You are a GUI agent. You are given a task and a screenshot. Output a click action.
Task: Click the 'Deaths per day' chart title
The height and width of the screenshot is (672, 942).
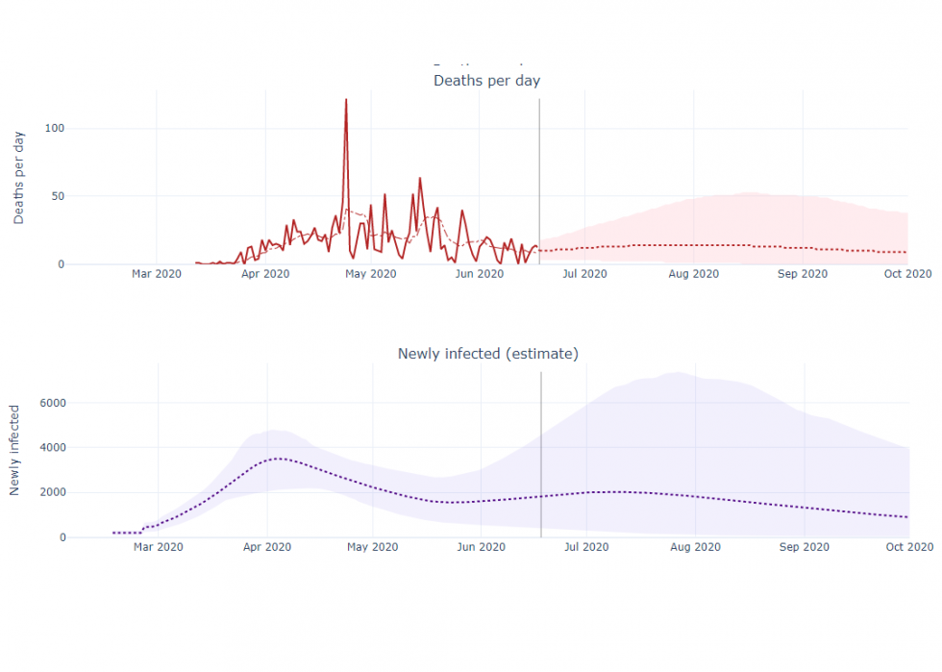[x=486, y=80]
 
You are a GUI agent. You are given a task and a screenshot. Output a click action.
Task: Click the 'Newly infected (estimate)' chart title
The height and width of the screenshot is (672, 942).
[x=487, y=354]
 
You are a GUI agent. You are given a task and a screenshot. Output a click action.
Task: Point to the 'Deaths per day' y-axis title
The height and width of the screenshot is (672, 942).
[x=19, y=177]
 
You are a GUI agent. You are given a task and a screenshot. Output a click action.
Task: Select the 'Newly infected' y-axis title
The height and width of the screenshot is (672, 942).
[x=15, y=450]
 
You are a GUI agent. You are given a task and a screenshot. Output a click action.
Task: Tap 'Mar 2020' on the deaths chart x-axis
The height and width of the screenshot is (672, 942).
[x=157, y=274]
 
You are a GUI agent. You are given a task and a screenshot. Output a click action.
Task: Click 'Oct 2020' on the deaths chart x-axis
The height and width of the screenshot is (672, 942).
[x=907, y=274]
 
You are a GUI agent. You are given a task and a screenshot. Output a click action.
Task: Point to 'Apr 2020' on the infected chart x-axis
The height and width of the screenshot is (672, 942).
[x=266, y=547]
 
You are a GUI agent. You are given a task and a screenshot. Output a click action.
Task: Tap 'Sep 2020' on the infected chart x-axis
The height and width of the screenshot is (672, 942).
[x=804, y=547]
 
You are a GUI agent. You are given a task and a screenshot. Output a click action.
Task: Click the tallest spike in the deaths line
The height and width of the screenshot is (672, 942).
[x=346, y=100]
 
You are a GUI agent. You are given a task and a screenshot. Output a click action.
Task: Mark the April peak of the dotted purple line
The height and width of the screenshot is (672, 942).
[x=278, y=459]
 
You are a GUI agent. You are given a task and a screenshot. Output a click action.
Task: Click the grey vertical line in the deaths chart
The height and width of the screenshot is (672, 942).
[x=539, y=173]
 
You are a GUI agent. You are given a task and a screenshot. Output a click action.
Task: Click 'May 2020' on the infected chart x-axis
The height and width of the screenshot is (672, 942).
[x=372, y=547]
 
